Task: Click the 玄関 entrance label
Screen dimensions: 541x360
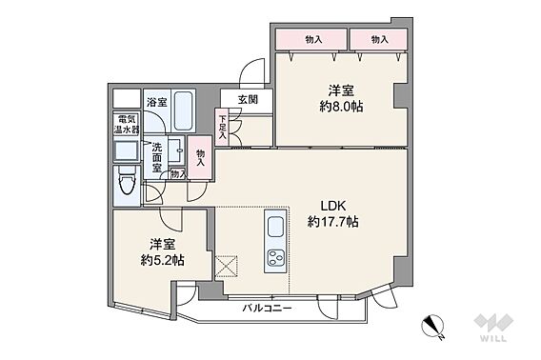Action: point(248,100)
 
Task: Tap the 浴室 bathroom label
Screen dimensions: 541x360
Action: point(157,102)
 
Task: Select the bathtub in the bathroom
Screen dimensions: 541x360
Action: point(183,111)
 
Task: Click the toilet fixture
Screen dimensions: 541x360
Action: point(127,185)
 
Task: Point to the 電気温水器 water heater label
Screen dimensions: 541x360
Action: point(127,125)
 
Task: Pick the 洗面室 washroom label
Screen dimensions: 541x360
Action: point(157,158)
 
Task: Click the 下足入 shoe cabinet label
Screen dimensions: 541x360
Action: point(222,128)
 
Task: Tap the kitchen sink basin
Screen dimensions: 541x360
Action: point(276,227)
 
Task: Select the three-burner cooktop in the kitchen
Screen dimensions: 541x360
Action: point(276,258)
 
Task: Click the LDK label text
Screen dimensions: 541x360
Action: point(333,206)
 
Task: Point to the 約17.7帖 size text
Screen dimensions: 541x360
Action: point(332,222)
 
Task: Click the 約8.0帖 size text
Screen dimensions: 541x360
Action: point(341,107)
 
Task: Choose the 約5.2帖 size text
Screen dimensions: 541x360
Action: point(162,260)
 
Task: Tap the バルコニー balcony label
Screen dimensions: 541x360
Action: point(267,308)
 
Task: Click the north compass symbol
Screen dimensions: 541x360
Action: point(433,327)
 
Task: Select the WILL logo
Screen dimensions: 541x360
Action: point(493,328)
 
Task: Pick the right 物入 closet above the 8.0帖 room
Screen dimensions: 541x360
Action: point(379,40)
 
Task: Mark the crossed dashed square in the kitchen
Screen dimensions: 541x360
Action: point(227,267)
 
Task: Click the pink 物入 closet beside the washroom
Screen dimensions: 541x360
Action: point(200,157)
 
